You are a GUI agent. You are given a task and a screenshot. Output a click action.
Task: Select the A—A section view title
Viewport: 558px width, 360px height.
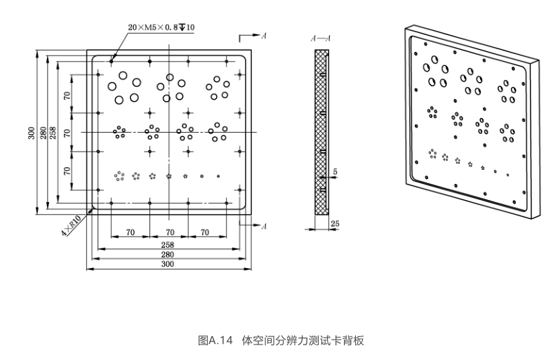(321, 39)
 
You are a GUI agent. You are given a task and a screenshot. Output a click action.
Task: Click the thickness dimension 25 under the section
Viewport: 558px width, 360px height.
(335, 223)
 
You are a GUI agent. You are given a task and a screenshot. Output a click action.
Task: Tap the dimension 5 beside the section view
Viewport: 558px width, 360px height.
(336, 171)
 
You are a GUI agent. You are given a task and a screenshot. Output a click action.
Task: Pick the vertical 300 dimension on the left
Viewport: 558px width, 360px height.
(32, 133)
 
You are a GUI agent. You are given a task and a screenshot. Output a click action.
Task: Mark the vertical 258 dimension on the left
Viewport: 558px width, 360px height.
(53, 133)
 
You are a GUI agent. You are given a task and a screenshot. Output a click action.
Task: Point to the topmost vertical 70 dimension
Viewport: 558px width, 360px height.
(67, 95)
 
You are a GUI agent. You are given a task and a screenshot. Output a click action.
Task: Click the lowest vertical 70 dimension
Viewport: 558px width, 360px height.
(67, 171)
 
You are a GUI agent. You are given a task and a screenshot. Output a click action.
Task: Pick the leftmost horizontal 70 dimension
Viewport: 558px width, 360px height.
(131, 232)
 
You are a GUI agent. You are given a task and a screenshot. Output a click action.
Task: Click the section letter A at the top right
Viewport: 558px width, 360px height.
(263, 35)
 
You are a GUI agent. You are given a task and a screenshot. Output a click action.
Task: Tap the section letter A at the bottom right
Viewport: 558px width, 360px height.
(263, 226)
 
